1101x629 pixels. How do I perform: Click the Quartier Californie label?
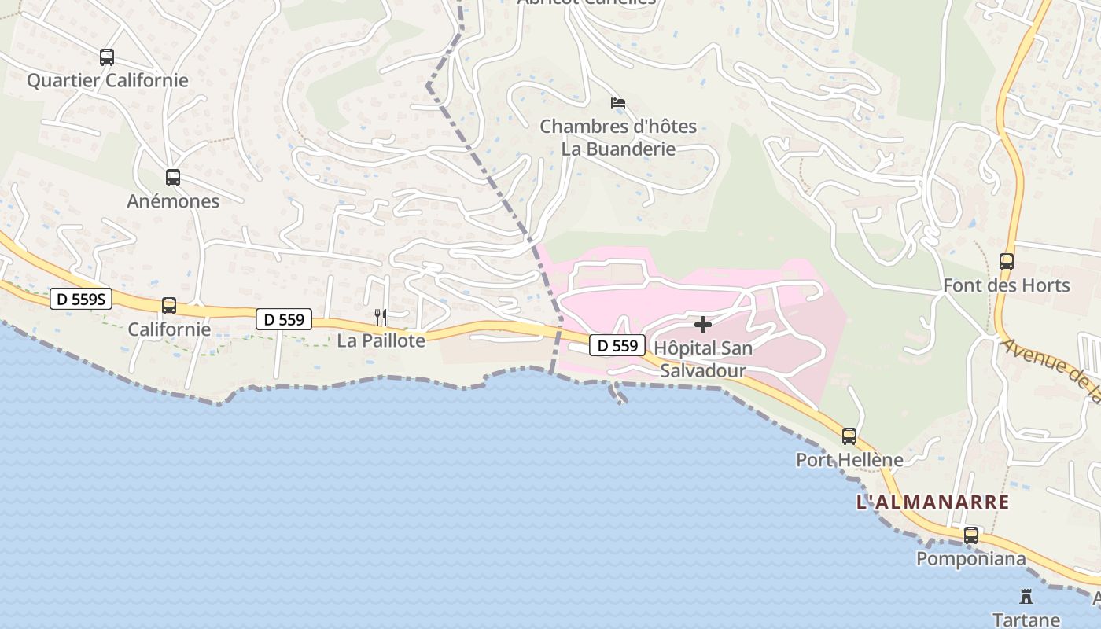point(108,80)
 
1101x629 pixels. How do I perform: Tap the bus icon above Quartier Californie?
point(107,57)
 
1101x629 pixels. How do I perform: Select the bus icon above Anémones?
point(173,178)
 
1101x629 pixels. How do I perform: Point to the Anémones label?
point(173,201)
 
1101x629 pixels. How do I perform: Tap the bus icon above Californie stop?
point(169,306)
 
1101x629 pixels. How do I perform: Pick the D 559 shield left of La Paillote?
point(284,319)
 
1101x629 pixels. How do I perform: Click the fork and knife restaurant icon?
point(381,318)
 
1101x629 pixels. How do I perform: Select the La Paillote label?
point(381,340)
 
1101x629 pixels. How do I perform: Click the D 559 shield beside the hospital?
point(617,345)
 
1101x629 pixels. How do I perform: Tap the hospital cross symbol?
point(703,325)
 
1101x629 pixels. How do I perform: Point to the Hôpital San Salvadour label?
point(702,359)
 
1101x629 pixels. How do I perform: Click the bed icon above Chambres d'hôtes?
point(618,103)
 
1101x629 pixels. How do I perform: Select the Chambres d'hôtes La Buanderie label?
point(618,138)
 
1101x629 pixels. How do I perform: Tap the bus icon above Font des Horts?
point(1007,262)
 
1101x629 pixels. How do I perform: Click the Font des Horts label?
point(1007,285)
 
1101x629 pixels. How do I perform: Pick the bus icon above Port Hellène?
point(849,436)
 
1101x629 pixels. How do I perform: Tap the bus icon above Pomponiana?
point(971,535)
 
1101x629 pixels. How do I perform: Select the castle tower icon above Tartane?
point(1026,596)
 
